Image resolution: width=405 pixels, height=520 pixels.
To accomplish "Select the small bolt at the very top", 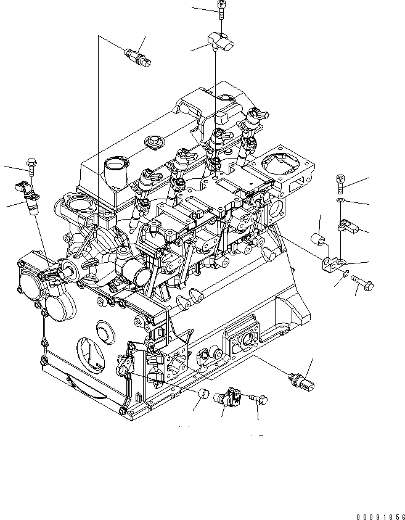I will coord(221,8).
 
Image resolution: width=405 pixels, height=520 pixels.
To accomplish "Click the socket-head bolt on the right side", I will coord(342,182).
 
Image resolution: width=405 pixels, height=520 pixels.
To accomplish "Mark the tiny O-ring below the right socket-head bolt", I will coord(341,201).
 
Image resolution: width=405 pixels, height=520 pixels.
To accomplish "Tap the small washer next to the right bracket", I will coord(345,274).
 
